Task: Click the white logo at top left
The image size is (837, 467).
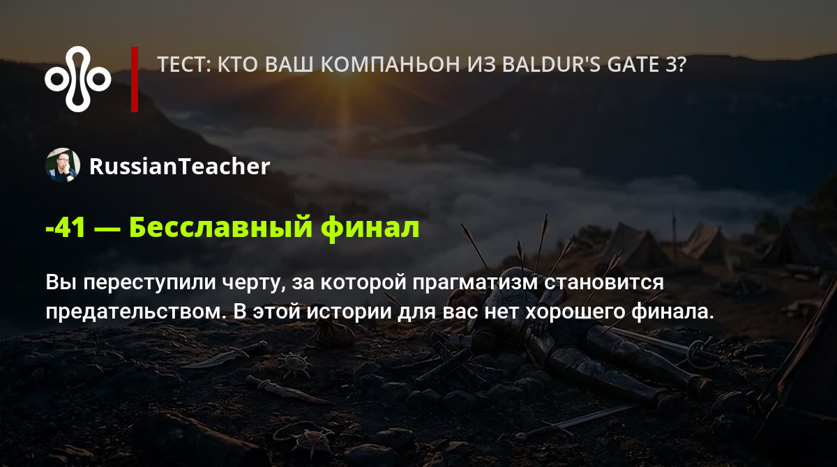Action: tap(77, 79)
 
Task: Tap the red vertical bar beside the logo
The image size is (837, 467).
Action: tap(135, 79)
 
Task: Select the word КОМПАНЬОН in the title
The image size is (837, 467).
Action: tap(391, 65)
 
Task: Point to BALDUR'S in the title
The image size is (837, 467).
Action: tap(550, 65)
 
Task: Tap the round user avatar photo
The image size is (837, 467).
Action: tap(63, 165)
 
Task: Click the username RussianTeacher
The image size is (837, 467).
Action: tap(179, 166)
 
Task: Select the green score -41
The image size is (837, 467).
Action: tap(66, 228)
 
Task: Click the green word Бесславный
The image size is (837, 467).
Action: tap(220, 228)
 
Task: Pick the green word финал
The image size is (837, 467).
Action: tap(370, 228)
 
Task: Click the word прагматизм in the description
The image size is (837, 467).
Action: tap(475, 283)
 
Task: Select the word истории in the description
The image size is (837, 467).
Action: tap(349, 312)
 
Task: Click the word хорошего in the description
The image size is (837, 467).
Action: tap(575, 312)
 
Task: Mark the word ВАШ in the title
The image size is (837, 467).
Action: tap(289, 65)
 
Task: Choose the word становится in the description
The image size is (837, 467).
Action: tap(604, 283)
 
